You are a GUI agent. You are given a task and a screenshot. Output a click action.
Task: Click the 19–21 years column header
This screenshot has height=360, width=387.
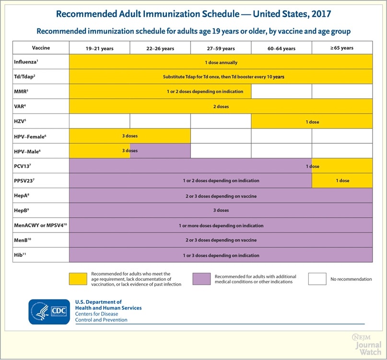pyautogui.click(x=99, y=48)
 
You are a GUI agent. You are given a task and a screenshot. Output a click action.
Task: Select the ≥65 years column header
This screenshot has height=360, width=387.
pyautogui.click(x=342, y=48)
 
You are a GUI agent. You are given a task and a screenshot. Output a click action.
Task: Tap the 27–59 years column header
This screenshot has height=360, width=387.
pyautogui.click(x=221, y=48)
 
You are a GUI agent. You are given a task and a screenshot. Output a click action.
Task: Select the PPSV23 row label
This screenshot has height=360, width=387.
pyautogui.click(x=26, y=181)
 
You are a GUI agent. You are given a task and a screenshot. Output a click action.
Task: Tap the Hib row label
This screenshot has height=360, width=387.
pyautogui.click(x=21, y=255)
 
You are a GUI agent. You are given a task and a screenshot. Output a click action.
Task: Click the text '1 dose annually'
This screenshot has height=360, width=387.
pyautogui.click(x=221, y=62)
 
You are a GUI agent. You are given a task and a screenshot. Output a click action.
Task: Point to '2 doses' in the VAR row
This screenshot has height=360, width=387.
pyautogui.click(x=221, y=106)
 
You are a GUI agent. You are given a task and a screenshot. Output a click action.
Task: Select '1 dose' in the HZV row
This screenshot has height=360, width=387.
pyautogui.click(x=312, y=122)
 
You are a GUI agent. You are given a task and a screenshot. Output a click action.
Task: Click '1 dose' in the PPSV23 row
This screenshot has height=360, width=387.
pyautogui.click(x=342, y=181)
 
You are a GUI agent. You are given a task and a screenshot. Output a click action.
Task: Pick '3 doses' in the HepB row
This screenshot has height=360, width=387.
pyautogui.click(x=221, y=210)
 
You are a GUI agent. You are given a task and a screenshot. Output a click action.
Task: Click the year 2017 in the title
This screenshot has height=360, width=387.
pyautogui.click(x=318, y=13)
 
